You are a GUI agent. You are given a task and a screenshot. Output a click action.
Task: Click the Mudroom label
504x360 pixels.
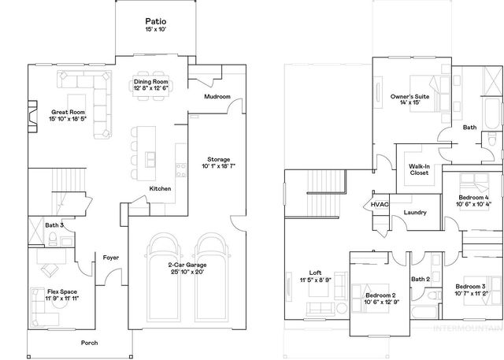217,97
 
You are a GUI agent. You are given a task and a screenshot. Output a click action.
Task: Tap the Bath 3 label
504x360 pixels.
54,225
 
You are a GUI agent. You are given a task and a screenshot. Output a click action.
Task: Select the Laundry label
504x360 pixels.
414,213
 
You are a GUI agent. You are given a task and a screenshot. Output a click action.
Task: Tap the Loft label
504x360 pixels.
315,271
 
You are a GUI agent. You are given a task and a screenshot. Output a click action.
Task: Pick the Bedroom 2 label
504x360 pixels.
380,295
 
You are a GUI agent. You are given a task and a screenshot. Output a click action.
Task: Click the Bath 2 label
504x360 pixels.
421,279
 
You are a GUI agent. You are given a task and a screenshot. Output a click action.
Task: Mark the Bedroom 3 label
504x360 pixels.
471,286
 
